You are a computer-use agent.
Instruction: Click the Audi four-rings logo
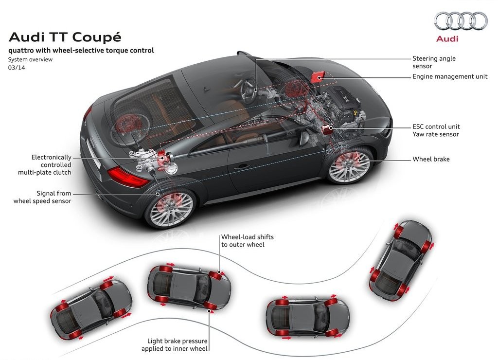(461, 21)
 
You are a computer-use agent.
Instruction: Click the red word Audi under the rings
(447, 39)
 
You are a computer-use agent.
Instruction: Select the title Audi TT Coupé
(65, 37)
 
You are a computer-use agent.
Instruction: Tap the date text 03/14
(17, 67)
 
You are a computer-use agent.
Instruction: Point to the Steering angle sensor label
(434, 62)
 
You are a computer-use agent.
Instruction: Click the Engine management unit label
(450, 76)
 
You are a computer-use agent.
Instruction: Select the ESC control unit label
(436, 126)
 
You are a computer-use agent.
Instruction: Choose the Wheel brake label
(431, 159)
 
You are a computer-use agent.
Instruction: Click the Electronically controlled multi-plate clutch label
(45, 165)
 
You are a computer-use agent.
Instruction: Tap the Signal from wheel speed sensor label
(42, 197)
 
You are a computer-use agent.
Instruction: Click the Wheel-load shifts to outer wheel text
(248, 240)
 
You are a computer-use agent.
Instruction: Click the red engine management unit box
(318, 77)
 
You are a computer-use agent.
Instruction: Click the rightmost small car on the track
(401, 261)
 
